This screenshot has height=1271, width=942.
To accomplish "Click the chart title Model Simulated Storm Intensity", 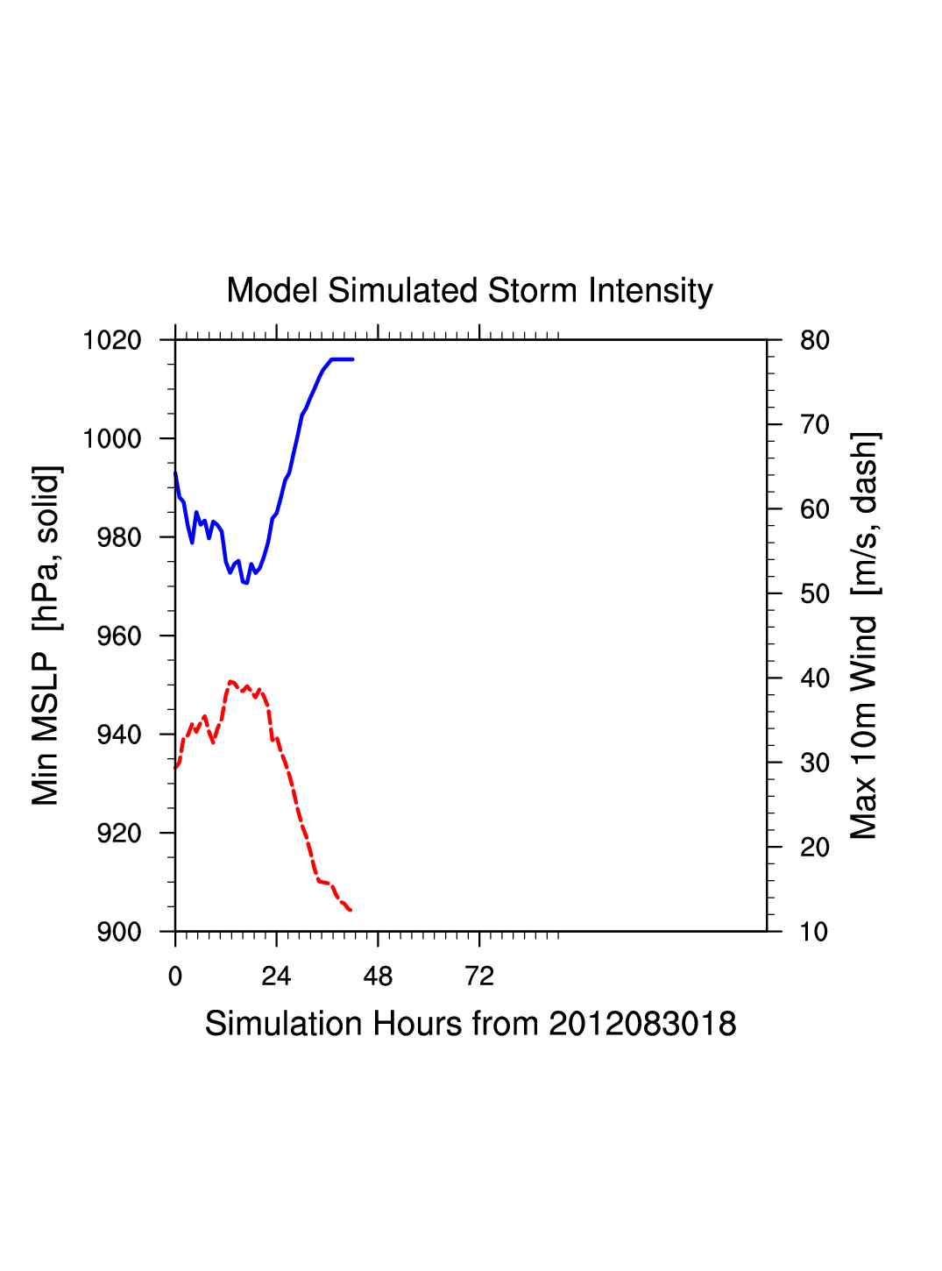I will pos(470,291).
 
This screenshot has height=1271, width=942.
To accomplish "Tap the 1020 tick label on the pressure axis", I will pos(112,340).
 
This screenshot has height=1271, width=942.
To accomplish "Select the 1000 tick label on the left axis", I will pos(112,438).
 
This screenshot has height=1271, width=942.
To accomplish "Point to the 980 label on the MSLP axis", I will pos(119,537).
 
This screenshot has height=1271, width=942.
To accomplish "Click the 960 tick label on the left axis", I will pos(119,636).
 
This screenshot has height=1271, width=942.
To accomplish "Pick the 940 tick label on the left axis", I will pos(119,735).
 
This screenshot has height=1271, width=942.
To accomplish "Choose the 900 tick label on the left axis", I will pos(119,932).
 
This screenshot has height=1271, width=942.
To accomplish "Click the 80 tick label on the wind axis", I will pos(815,340).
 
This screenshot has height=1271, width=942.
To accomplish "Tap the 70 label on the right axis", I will pos(815,425).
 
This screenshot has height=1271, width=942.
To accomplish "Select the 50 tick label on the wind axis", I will pos(815,594).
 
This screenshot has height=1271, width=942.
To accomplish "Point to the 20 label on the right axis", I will pos(815,848).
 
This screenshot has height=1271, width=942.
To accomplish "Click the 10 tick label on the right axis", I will pos(815,932).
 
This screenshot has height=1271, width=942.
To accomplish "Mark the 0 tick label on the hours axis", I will pos(175,976).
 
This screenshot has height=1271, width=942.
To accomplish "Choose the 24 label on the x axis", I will pos(276,976).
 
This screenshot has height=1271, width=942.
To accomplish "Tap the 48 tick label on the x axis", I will pos(378,976).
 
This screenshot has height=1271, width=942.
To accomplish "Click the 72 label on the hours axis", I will pos(479,976).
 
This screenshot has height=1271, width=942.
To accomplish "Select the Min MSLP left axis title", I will pos(46,635).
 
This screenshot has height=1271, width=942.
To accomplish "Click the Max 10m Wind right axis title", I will pos(864,635).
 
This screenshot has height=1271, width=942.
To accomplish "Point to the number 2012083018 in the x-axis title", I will pos(642,1024).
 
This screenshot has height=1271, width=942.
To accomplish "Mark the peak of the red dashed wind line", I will pos(230,681).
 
